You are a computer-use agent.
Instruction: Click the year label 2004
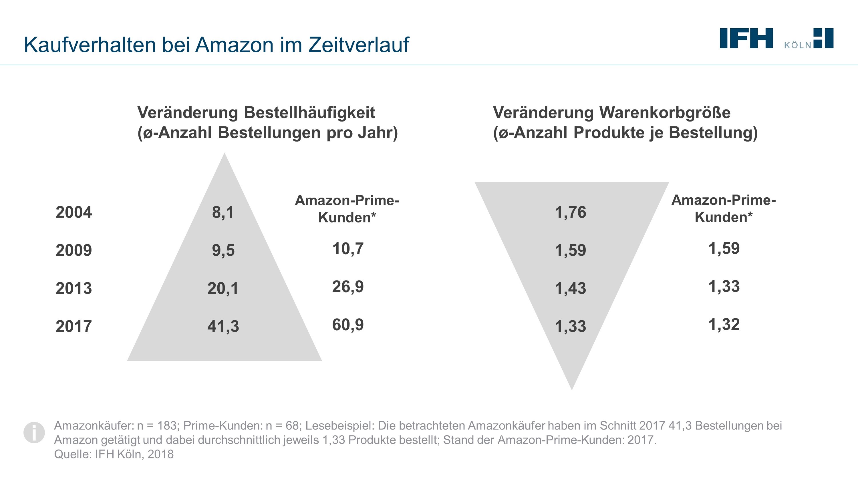pyautogui.click(x=74, y=212)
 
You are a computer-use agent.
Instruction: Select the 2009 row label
pyautogui.click(x=74, y=250)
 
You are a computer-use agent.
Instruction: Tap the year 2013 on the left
pyautogui.click(x=74, y=288)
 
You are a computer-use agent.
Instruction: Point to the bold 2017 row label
pyautogui.click(x=74, y=326)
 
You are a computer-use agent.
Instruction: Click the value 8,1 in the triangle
pyautogui.click(x=223, y=212)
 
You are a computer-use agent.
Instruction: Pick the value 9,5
pyautogui.click(x=223, y=250)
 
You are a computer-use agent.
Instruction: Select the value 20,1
pyautogui.click(x=223, y=288)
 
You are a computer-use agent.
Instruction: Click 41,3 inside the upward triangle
pyautogui.click(x=223, y=326)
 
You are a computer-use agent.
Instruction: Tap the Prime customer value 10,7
pyautogui.click(x=348, y=249)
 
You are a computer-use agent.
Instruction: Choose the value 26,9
pyautogui.click(x=348, y=287)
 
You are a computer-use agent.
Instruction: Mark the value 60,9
pyautogui.click(x=348, y=325)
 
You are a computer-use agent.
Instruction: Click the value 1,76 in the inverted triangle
pyautogui.click(x=570, y=212)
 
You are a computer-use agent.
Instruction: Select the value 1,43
pyautogui.click(x=570, y=288)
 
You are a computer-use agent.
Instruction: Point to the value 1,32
pyautogui.click(x=724, y=325)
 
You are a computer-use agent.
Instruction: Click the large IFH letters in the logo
pyautogui.click(x=746, y=38)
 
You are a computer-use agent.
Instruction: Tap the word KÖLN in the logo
pyautogui.click(x=798, y=45)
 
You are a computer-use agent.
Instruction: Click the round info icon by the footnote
pyautogui.click(x=34, y=432)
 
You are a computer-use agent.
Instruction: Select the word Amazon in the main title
pyautogui.click(x=234, y=45)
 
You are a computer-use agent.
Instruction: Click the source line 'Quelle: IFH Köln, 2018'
pyautogui.click(x=114, y=454)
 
